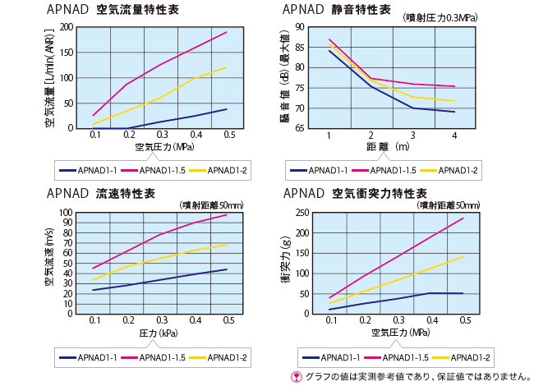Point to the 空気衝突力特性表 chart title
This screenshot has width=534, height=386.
pos(354,194)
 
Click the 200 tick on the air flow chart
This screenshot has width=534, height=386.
pos(64,27)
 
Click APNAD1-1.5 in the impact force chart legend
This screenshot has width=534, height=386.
pos(397,357)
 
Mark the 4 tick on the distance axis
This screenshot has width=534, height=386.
pos(454,135)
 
